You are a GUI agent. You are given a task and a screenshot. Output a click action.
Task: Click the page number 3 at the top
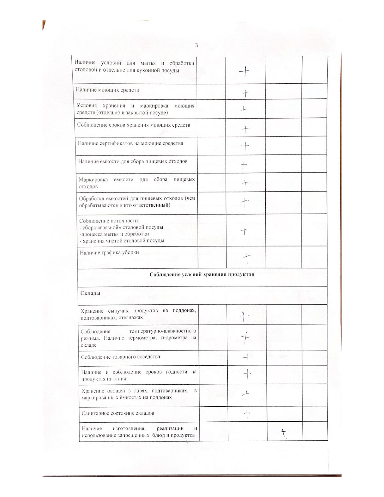point(196,45)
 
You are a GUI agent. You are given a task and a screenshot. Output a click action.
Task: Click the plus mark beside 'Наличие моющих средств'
point(245,93)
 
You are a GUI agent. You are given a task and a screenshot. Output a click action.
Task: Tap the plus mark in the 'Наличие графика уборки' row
point(247,258)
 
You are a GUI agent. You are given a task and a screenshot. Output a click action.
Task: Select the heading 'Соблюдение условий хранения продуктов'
point(202,274)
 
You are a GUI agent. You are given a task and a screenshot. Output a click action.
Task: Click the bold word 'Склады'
point(90,293)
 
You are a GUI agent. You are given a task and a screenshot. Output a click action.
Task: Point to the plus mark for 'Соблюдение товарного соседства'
point(247,357)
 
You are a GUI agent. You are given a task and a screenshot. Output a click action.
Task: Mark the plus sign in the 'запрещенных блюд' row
point(283,433)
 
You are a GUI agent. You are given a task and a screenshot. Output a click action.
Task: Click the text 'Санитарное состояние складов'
point(118,413)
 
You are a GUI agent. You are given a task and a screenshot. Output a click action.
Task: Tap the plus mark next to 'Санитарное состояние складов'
point(247,414)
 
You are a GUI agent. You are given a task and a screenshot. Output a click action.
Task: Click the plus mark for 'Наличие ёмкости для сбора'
point(244,165)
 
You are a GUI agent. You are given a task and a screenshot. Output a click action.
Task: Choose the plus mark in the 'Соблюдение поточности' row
point(244,231)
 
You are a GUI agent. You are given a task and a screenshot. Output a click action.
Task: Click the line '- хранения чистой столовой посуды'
point(122,241)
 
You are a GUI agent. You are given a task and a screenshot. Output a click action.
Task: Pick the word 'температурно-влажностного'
point(162,331)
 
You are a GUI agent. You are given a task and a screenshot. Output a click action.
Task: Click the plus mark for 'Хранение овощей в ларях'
point(246,395)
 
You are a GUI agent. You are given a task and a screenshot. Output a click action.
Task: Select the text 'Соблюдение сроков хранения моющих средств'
point(133,125)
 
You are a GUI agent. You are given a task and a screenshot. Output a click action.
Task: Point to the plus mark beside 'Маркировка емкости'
point(245,183)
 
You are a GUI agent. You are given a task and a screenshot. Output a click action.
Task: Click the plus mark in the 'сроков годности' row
point(247,374)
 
